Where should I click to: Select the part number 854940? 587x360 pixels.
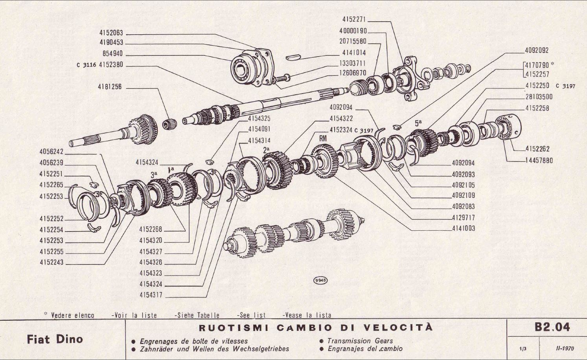[112, 54]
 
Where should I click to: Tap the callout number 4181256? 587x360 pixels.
[110, 87]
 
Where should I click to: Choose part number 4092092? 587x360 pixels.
[537, 50]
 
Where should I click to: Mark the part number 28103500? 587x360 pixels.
[539, 97]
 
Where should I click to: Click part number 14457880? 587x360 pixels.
[539, 160]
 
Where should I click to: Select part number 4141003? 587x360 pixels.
[463, 228]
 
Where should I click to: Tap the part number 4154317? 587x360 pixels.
[151, 295]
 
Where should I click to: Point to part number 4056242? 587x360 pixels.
[51, 152]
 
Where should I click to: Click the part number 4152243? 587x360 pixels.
[51, 263]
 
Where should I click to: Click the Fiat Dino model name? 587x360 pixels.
[55, 339]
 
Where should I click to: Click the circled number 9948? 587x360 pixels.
[320, 280]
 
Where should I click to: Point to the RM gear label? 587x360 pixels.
[323, 138]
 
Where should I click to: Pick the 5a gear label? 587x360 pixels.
[418, 123]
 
